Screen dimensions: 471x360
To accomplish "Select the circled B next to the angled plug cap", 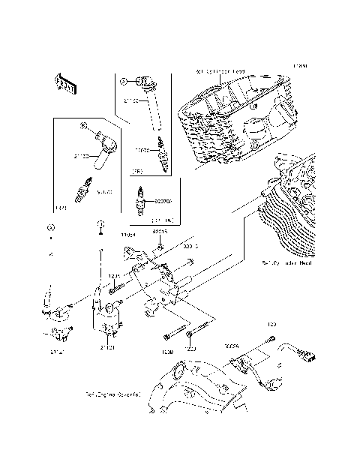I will [84, 126].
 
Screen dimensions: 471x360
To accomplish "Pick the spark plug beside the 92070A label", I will [140, 202].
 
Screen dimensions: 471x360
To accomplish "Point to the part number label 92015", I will [159, 232].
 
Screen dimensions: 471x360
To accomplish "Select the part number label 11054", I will [128, 234].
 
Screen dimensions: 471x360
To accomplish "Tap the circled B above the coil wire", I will [99, 226].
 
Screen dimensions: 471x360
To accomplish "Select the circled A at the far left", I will [50, 226].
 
